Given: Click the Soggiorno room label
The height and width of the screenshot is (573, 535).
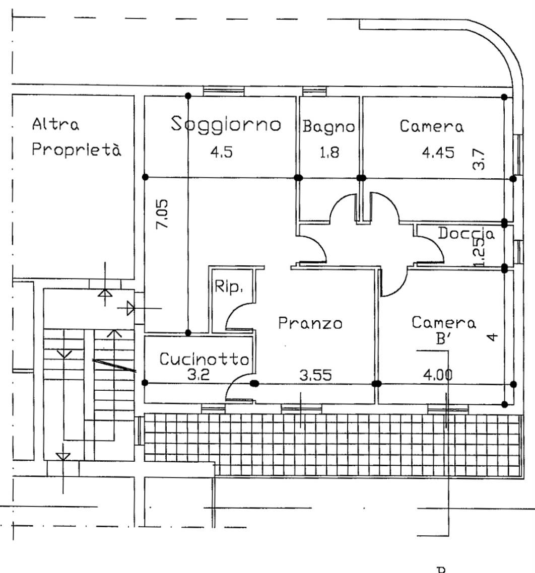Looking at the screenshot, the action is click(x=226, y=124).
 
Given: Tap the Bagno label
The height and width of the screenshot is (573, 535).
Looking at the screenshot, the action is click(x=329, y=127).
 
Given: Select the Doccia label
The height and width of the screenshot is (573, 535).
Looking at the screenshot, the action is click(x=466, y=233).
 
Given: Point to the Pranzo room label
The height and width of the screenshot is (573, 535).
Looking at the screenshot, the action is click(x=310, y=323).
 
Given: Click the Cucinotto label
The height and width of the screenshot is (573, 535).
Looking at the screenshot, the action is click(x=205, y=359).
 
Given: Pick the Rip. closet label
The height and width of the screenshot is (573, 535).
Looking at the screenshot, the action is click(x=229, y=286).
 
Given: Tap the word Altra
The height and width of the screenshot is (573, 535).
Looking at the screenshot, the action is click(x=55, y=124).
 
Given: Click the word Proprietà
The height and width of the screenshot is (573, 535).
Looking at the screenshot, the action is click(x=76, y=149).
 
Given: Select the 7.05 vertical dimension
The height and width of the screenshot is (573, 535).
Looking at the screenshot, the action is click(x=162, y=214).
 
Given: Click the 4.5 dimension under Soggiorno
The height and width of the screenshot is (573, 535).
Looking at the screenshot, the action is click(x=221, y=152).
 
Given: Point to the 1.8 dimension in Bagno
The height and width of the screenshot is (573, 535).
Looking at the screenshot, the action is click(x=329, y=152).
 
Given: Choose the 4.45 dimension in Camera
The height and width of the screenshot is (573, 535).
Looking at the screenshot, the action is click(x=438, y=152).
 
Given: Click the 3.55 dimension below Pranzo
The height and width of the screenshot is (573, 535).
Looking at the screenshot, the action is click(x=315, y=375).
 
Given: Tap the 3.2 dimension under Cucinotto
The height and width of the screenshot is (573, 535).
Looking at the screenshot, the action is click(x=198, y=375).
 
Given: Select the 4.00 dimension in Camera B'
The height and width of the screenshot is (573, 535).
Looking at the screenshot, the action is click(x=437, y=375).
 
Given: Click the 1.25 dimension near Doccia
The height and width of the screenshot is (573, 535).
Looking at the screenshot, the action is click(x=479, y=252).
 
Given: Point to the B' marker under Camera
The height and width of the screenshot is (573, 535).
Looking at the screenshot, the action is click(x=442, y=339).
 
